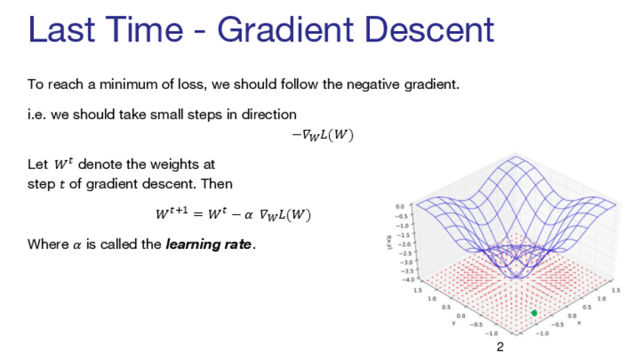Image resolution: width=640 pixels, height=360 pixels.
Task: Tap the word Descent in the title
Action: (429, 29)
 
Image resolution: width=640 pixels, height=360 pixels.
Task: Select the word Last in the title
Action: (61, 29)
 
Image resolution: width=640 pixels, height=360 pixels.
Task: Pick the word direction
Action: (269, 114)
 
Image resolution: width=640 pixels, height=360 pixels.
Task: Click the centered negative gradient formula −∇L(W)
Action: (322, 135)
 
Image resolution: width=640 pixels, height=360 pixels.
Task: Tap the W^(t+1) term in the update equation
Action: (172, 213)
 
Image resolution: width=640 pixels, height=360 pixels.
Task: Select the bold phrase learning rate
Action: (208, 245)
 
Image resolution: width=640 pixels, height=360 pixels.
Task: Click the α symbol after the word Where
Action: (77, 246)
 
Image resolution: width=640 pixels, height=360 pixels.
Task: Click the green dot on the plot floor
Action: (534, 313)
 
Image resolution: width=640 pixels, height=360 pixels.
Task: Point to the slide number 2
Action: (500, 347)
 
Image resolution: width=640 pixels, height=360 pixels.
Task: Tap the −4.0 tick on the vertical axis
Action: (408, 279)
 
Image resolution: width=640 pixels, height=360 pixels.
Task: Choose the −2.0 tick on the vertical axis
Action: (404, 244)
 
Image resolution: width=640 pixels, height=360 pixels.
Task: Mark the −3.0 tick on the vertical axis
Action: (407, 262)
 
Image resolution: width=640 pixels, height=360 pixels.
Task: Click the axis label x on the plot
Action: (579, 322)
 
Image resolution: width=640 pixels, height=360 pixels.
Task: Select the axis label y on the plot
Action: (454, 323)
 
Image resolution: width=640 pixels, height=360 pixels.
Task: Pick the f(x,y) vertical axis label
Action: (389, 242)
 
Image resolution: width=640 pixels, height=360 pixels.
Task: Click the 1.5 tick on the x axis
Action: (617, 291)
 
